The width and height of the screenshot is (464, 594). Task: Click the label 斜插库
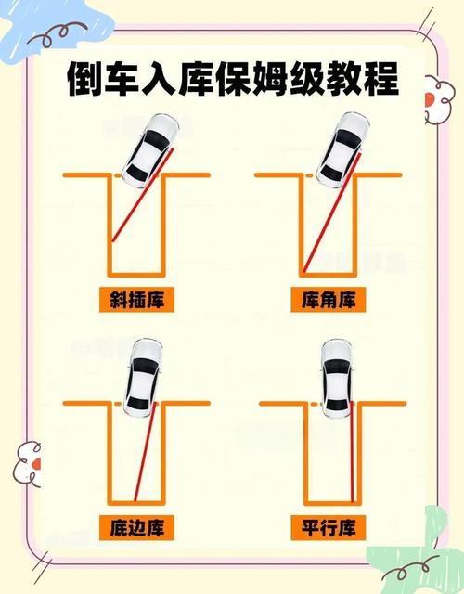click(x=137, y=300)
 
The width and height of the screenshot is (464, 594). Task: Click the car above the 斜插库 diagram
click(x=150, y=147)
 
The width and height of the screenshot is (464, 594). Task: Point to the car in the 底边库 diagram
click(x=144, y=379)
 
